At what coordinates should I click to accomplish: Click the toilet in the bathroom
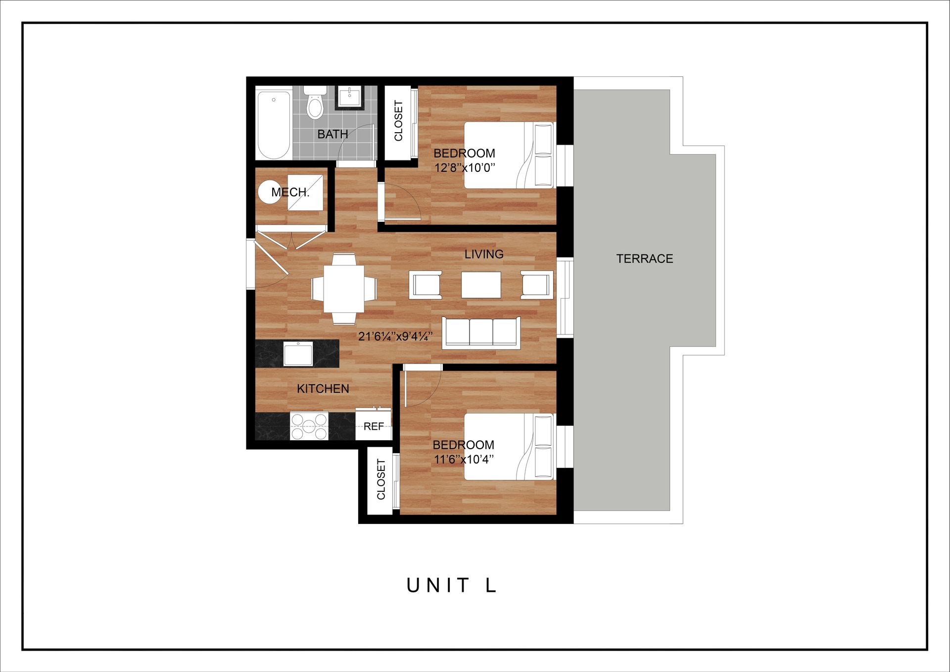(x=315, y=103)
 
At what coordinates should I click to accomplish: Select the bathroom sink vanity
(x=350, y=97)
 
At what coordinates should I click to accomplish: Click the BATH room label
(x=332, y=134)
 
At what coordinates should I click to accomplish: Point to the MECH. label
(x=290, y=192)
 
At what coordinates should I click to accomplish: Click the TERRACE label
(x=644, y=258)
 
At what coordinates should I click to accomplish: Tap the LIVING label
(x=484, y=254)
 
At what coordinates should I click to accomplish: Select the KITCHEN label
(x=323, y=389)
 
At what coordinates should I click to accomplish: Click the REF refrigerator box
(x=374, y=426)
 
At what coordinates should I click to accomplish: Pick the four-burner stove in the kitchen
(x=309, y=426)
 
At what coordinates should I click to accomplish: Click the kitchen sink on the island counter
(x=298, y=354)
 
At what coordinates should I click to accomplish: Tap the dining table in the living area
(x=344, y=288)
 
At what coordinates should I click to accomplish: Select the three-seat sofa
(x=481, y=332)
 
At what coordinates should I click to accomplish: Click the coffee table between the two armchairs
(x=481, y=285)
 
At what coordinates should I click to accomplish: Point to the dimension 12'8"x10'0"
(x=465, y=167)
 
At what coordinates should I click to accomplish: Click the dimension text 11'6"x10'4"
(x=464, y=459)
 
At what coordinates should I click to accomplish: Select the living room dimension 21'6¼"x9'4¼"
(x=395, y=337)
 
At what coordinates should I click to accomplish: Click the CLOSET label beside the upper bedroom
(x=398, y=121)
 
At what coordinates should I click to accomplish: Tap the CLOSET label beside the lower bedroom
(x=380, y=479)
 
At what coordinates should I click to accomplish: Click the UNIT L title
(x=451, y=585)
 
